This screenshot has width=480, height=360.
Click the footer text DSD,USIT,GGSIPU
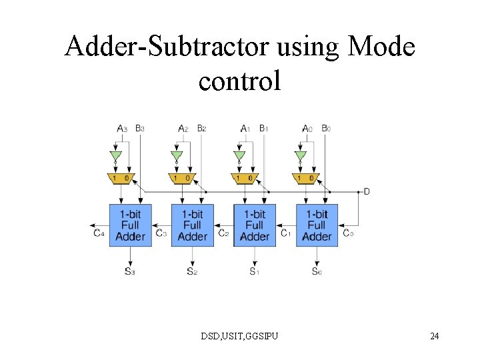pyautogui.click(x=240, y=335)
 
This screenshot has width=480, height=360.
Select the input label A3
pyautogui.click(x=122, y=128)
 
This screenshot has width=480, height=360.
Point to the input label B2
pyautogui.click(x=201, y=128)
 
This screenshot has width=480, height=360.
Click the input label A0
pyautogui.click(x=307, y=128)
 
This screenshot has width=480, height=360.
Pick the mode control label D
pyautogui.click(x=367, y=192)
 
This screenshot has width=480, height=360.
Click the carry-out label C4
pyautogui.click(x=99, y=233)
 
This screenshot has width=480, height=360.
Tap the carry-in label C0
pyautogui.click(x=349, y=233)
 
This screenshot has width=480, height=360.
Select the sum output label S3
pyautogui.click(x=129, y=271)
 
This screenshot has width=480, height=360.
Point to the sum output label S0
pyautogui.click(x=317, y=271)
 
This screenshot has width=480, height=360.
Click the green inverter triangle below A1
pyautogui.click(x=239, y=157)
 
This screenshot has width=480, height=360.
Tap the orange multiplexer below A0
pyautogui.click(x=306, y=178)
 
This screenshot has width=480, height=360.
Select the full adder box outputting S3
pyautogui.click(x=130, y=225)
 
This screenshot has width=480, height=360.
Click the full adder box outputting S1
pyautogui.click(x=255, y=225)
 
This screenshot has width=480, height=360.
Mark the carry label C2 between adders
pyautogui.click(x=223, y=233)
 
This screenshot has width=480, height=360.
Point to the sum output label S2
pyautogui.click(x=192, y=271)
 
